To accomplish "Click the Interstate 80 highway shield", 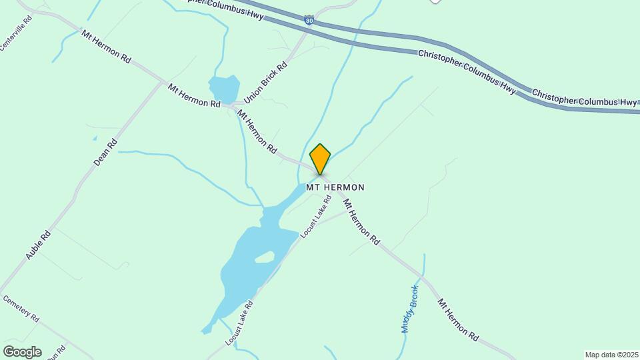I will (308, 21).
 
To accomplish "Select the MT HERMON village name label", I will (335, 188).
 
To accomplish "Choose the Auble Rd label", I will (38, 245).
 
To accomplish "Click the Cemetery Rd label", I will (21, 309).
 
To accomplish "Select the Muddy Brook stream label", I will (409, 309).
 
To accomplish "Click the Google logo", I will (22, 351).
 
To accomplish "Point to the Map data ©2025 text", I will (611, 355).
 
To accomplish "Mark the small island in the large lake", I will (265, 257).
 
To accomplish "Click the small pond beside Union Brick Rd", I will (223, 89).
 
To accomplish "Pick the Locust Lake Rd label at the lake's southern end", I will (240, 323).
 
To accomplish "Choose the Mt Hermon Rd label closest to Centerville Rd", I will (106, 46).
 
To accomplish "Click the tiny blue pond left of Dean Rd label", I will (95, 139).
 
